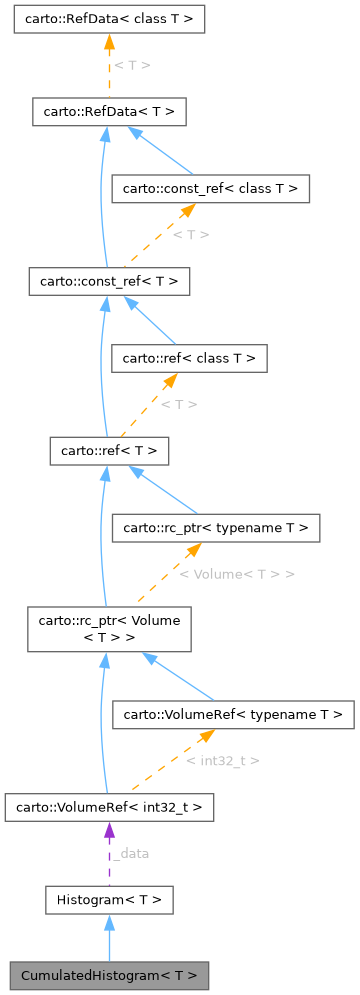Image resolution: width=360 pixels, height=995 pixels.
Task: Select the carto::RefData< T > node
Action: [x=110, y=111]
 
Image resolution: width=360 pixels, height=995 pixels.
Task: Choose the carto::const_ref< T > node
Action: [x=110, y=282]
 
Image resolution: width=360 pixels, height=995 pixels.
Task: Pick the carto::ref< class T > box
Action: [x=188, y=358]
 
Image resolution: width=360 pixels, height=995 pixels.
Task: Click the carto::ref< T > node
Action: [x=110, y=451]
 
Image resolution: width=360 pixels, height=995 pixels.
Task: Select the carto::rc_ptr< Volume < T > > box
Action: [x=110, y=629]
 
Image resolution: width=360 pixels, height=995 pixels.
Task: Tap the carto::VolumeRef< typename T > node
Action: [x=233, y=714]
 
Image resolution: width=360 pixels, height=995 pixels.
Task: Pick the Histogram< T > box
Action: [x=110, y=900]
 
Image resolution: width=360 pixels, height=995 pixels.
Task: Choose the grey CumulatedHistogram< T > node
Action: [x=110, y=974]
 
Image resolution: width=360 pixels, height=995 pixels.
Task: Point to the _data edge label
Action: [x=130, y=854]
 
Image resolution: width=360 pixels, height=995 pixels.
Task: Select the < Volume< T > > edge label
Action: [x=237, y=575]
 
